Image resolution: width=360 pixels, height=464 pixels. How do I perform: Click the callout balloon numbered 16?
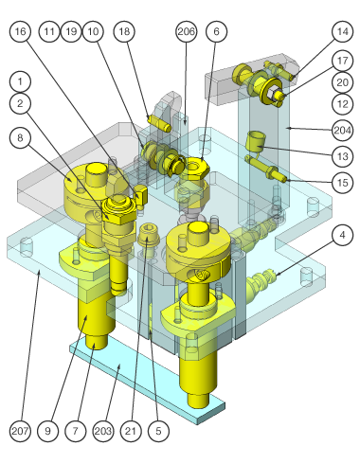(20, 31)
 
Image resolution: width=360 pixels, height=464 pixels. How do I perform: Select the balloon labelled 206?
(186, 31)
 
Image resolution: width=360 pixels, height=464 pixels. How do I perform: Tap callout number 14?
(343, 31)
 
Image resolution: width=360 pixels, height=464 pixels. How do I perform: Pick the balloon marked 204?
(343, 130)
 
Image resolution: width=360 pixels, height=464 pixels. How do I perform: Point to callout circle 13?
(343, 156)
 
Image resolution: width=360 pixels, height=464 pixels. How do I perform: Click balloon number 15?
(343, 182)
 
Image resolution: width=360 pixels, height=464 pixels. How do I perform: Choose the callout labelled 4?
(343, 235)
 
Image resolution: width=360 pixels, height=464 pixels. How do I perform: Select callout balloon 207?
(20, 431)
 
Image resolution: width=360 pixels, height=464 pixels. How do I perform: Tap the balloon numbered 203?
(103, 431)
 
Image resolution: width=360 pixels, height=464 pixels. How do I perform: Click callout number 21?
(131, 431)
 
